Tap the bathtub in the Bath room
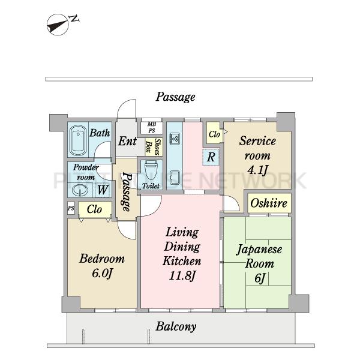click(78, 140)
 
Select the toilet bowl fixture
click(151, 171)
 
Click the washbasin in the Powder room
click(80, 190)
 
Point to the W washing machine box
click(103, 190)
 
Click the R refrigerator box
click(211, 157)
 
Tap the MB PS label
click(152, 127)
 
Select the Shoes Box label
click(154, 147)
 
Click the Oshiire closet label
click(269, 203)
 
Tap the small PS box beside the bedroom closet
click(71, 208)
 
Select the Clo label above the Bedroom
click(94, 209)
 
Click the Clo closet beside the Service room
click(214, 134)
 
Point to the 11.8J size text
click(182, 276)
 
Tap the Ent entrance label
click(127, 141)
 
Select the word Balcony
click(176, 326)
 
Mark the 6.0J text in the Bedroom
click(102, 273)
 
